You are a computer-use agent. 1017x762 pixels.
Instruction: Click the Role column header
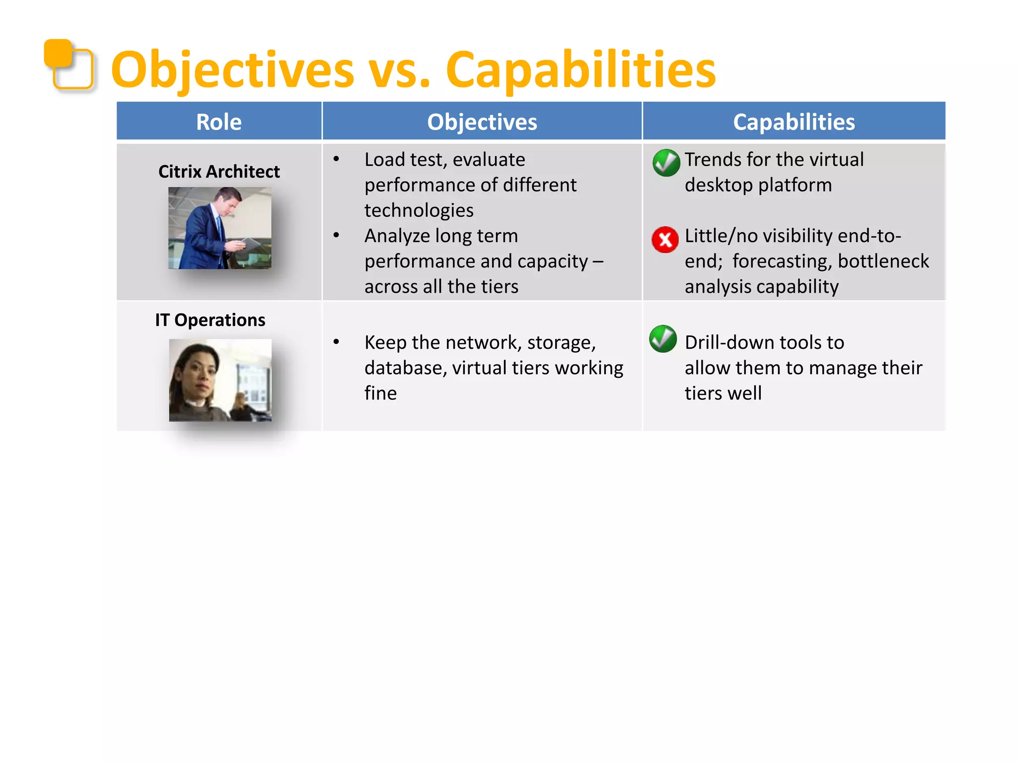point(218,122)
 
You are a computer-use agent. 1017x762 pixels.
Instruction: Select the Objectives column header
point(482,122)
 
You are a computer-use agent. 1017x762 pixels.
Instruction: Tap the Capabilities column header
point(794,122)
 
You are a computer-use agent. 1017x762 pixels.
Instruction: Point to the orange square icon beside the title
point(69,64)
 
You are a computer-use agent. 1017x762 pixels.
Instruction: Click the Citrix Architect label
point(218,172)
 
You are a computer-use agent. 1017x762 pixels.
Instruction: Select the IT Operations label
point(210,320)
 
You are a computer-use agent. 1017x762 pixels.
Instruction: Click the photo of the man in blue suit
point(219,228)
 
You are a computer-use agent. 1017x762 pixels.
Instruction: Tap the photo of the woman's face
point(220,380)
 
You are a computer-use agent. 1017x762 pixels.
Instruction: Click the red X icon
point(665,240)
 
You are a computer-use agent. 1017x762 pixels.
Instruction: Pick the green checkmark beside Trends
point(666,163)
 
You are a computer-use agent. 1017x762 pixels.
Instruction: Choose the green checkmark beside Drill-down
point(663,339)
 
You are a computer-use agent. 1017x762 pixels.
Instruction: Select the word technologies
point(419,210)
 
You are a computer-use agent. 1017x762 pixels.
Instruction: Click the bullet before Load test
point(336,159)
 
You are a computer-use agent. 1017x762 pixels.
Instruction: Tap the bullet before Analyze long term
point(336,236)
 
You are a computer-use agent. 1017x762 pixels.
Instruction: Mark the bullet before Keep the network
point(336,342)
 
